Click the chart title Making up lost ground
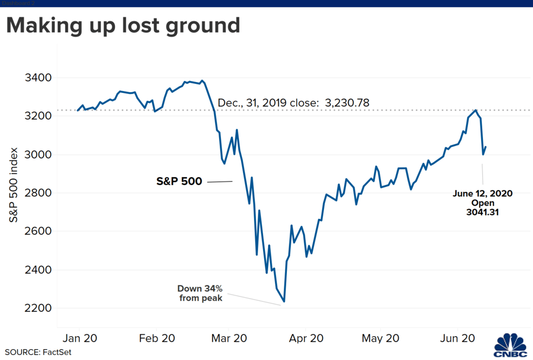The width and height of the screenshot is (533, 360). click(x=123, y=26)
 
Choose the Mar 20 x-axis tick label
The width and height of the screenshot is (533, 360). click(x=229, y=338)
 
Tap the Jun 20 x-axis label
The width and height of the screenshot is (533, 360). click(x=457, y=338)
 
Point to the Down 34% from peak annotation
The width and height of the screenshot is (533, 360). click(x=200, y=293)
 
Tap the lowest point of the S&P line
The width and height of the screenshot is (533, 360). click(x=284, y=302)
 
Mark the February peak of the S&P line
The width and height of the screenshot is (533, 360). click(x=202, y=81)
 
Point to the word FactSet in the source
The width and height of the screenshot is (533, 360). click(x=57, y=352)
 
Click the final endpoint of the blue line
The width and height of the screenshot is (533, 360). click(x=486, y=146)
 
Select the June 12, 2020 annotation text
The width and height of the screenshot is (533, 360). click(x=483, y=194)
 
